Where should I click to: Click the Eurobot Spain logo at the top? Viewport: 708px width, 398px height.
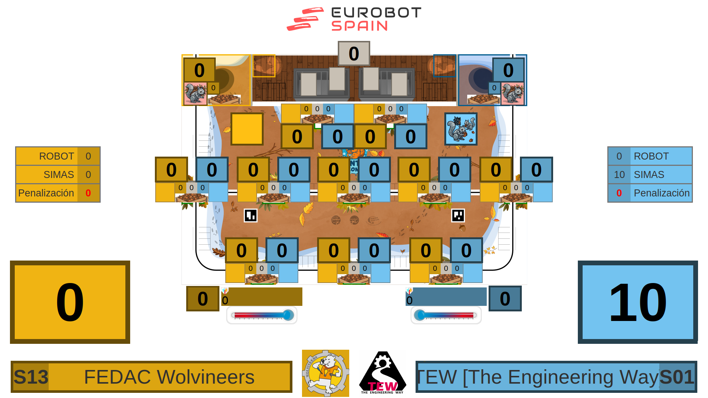(x=354, y=19)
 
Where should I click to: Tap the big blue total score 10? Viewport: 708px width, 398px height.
(x=638, y=302)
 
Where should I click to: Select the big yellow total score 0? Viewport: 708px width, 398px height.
(x=70, y=302)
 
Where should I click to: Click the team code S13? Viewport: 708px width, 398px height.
(x=31, y=377)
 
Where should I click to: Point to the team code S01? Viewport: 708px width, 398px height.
(x=677, y=377)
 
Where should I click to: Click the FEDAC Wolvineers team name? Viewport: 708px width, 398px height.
(x=169, y=377)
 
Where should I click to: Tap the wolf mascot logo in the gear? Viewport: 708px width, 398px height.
(x=325, y=373)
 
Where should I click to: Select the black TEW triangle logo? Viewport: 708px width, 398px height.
(x=383, y=373)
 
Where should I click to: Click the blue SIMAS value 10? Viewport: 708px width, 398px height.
(x=619, y=175)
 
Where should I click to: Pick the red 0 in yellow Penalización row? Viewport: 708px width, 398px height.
(x=88, y=193)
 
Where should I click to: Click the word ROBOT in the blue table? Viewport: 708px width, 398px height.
(x=651, y=156)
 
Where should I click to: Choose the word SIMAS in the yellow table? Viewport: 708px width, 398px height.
(x=59, y=175)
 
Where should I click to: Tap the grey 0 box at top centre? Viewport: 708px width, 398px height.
(x=354, y=53)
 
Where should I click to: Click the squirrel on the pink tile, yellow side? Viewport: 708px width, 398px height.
(x=195, y=94)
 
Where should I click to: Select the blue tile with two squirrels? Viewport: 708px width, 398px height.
(x=461, y=129)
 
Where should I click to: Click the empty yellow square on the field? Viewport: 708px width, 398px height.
(x=247, y=129)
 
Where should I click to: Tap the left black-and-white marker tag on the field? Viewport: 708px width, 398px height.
(x=250, y=215)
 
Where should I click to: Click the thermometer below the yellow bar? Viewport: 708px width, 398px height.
(x=262, y=315)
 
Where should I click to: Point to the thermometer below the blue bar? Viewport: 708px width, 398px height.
(x=446, y=315)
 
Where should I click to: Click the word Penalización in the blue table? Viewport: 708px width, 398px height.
(x=662, y=193)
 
